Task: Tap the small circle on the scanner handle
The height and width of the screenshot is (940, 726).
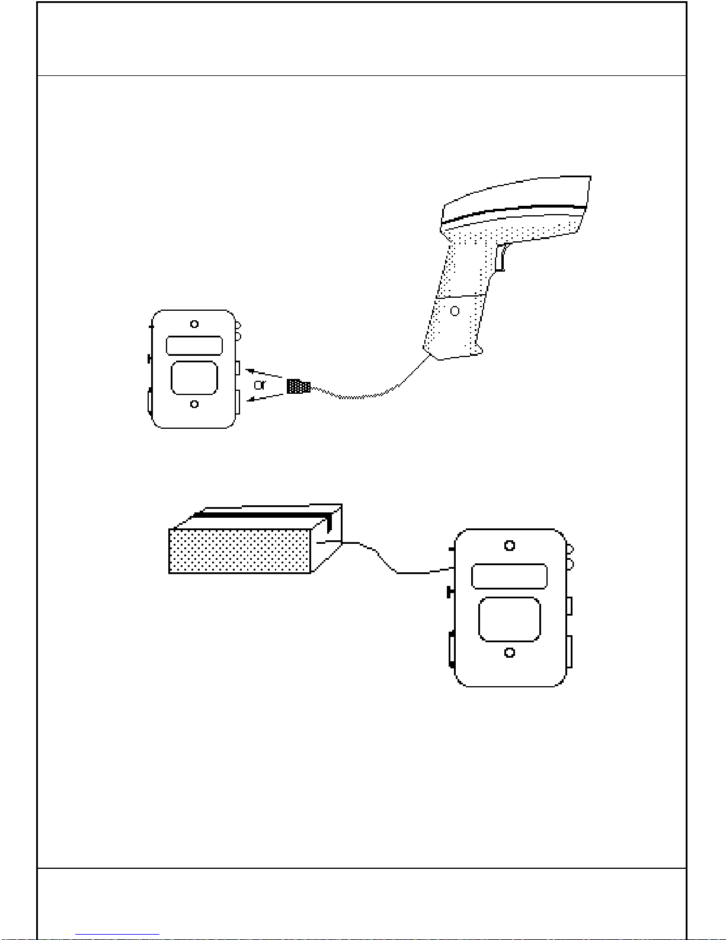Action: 455,311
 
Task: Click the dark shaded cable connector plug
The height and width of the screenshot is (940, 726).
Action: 299,386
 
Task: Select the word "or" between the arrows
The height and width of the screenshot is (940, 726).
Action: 260,384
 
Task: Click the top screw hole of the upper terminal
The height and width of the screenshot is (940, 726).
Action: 194,324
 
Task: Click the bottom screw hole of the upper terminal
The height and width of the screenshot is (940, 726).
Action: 194,404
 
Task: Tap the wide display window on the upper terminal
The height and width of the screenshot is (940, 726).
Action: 194,346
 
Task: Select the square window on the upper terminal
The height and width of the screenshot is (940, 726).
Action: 194,378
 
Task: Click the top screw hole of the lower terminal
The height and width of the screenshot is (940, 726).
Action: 510,546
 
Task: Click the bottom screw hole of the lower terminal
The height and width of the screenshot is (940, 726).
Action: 510,652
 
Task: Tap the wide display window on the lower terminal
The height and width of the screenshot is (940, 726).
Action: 510,576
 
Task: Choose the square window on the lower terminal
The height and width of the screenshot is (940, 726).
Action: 510,619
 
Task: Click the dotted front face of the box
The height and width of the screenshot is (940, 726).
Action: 240,551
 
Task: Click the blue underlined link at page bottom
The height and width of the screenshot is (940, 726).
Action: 117,935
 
